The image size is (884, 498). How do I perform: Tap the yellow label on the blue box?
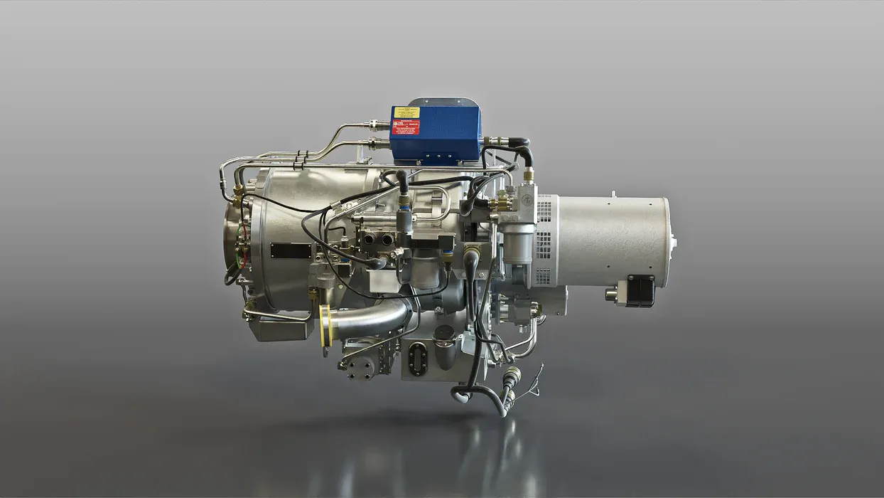coord(406,112)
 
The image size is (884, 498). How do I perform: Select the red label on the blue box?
coord(406,127)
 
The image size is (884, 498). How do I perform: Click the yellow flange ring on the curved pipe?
coord(325,326)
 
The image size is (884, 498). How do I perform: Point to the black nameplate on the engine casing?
coord(291,250)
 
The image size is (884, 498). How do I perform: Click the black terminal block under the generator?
coord(640,290)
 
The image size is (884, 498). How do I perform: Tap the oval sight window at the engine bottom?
coord(418,359)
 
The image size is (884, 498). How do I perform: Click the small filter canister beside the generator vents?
coord(517,245)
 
